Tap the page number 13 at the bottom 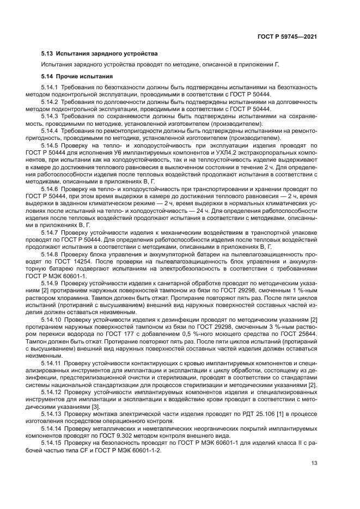(x=314, y=463)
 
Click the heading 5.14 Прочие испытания (x=77, y=76)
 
